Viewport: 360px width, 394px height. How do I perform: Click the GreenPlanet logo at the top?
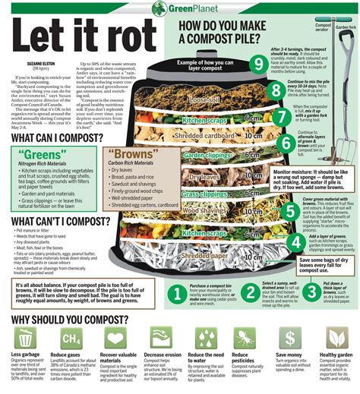point(179,8)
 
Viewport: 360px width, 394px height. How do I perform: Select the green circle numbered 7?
point(279,115)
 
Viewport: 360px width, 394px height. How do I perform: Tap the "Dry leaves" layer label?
point(204,176)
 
